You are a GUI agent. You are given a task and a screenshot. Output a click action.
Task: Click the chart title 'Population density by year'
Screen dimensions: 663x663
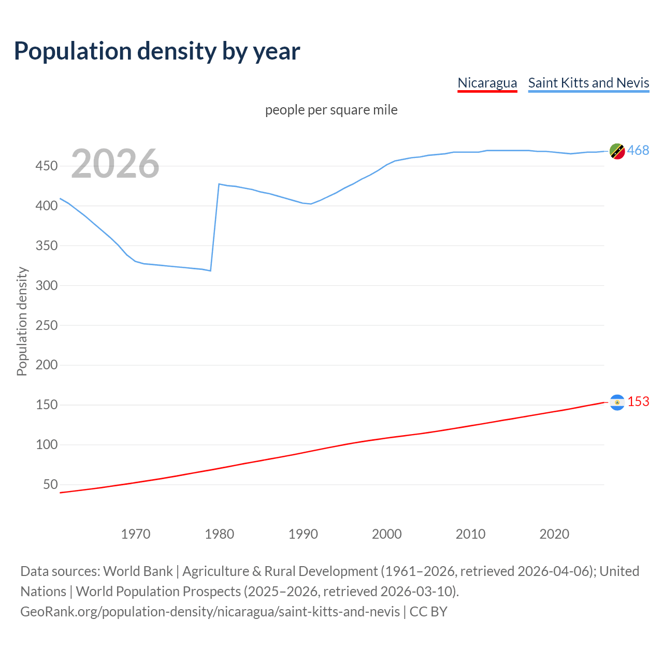157,51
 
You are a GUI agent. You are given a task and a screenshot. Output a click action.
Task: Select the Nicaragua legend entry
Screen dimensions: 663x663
487,83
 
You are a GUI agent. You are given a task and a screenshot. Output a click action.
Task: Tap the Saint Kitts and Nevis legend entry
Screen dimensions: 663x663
588,83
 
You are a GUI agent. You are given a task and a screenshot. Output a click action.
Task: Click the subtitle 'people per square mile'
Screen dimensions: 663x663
331,110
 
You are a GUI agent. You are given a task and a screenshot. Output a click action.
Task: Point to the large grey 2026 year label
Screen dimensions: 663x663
115,164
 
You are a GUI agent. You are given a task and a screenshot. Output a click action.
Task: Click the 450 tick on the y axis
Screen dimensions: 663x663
46,166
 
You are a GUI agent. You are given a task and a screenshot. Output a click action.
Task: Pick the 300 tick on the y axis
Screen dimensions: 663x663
46,285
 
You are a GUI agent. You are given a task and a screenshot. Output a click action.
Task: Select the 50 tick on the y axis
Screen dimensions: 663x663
50,484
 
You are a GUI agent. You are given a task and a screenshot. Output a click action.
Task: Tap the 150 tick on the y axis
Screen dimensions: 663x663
46,405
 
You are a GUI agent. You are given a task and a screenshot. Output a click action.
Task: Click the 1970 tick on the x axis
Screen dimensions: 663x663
136,534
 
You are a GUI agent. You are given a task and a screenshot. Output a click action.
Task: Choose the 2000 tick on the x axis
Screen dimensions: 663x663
386,534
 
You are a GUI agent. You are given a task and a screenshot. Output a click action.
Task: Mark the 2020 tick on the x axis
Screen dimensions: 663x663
554,534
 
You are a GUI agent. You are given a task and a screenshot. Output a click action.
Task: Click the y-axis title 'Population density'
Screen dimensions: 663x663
22,321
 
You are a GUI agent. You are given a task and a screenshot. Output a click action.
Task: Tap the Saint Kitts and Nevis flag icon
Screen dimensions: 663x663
617,151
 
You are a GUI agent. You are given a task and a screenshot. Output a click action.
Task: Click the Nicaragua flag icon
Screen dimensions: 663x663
617,402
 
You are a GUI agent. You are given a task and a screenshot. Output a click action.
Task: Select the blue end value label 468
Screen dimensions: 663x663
638,151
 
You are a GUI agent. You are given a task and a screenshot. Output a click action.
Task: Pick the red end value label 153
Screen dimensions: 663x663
638,402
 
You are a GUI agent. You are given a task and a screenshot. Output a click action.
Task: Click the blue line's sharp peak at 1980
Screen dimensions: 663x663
219,184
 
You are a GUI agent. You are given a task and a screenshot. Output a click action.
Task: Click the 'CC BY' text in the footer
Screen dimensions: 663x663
428,612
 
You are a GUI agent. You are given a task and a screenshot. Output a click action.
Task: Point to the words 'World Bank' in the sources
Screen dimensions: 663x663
138,571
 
